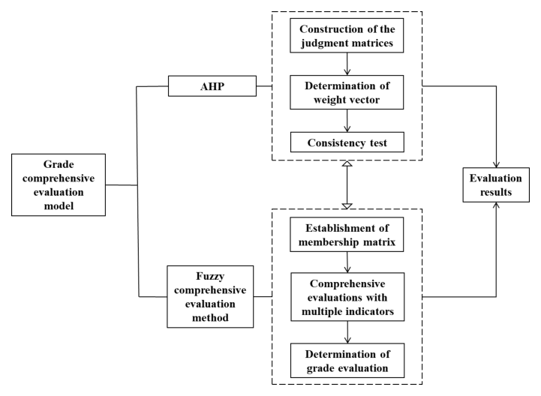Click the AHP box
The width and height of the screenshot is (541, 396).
point(212,86)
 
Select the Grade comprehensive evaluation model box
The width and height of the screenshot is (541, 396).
point(59,185)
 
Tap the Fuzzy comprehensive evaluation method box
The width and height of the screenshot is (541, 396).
point(210,297)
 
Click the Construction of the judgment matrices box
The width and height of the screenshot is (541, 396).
point(347,35)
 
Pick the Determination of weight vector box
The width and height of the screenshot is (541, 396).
point(347,92)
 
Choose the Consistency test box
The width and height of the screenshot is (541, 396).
point(347,142)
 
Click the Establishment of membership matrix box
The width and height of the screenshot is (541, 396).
point(347,235)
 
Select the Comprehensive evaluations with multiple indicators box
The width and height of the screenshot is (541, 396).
point(347,297)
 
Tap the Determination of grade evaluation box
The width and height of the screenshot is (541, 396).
point(347,361)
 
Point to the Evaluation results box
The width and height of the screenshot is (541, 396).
point(496,185)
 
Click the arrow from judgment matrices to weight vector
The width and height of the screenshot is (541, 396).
point(347,64)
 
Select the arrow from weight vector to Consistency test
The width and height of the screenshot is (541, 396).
point(347,121)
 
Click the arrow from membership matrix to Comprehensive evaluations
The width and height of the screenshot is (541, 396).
point(347,262)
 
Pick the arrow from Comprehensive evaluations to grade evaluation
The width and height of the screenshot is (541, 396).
point(347,332)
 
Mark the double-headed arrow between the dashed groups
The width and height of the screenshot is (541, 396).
point(347,184)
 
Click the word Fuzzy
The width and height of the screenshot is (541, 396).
point(210,276)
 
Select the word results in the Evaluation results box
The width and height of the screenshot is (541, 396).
point(496,192)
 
